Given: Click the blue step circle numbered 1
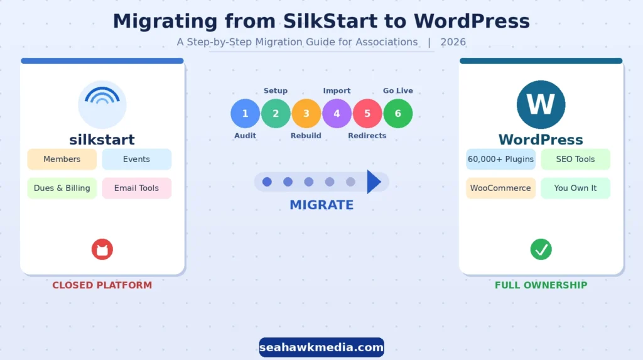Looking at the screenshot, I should pos(245,114).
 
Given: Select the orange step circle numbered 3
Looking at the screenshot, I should pos(306,114).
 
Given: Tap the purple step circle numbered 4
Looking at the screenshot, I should pos(337,114).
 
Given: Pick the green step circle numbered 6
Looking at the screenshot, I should pos(398,114).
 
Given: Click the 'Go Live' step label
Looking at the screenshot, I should pos(398,90).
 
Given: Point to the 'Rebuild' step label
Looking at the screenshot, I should pos(306,136).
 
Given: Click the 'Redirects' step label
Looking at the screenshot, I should pos(367,136).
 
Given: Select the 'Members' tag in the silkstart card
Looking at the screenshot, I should pos(62,160).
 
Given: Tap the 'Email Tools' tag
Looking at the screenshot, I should pos(136,188).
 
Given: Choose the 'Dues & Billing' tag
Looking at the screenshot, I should pos(62,188).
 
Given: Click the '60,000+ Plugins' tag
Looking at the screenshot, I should pos(500,160).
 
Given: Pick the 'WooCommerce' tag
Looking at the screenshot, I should pos(500,188).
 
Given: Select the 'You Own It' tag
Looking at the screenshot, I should pos(575,188).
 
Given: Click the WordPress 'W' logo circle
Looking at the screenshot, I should pos(541,104).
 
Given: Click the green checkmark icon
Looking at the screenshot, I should pos(541,249).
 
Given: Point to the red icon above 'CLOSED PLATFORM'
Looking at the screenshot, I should pos(102,249).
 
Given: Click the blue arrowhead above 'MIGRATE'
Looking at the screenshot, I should pos(374,182).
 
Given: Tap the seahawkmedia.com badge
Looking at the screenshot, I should pos(321,347).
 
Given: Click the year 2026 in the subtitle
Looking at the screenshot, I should pos(453,42).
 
